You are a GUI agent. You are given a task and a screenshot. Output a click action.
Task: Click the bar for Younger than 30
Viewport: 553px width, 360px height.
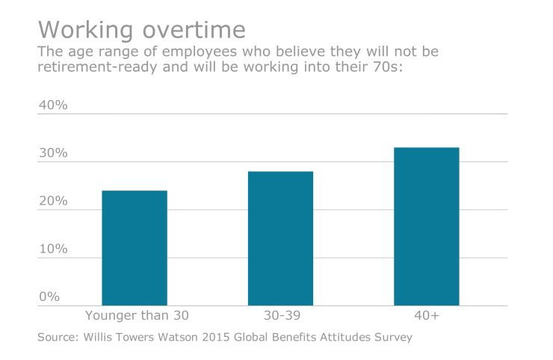pyautogui.click(x=134, y=248)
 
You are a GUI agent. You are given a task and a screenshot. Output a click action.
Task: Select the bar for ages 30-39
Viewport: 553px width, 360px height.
pyautogui.click(x=280, y=238)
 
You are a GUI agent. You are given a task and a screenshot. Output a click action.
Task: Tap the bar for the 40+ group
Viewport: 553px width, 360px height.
pyautogui.click(x=426, y=226)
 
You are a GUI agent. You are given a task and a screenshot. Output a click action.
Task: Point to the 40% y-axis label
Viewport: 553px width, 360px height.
pyautogui.click(x=53, y=105)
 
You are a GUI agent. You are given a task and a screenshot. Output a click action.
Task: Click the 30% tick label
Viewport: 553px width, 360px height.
pyautogui.click(x=53, y=154)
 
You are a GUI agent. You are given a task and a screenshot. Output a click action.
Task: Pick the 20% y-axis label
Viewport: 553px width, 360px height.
pyautogui.click(x=53, y=202)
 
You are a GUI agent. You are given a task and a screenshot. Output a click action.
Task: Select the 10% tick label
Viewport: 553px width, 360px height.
pyautogui.click(x=53, y=249)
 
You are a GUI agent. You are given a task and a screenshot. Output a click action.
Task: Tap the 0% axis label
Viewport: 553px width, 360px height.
pyautogui.click(x=49, y=297)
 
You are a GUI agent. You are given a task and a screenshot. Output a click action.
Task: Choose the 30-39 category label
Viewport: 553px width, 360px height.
pyautogui.click(x=280, y=316)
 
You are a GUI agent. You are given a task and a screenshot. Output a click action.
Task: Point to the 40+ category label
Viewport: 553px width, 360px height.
pyautogui.click(x=426, y=316)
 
